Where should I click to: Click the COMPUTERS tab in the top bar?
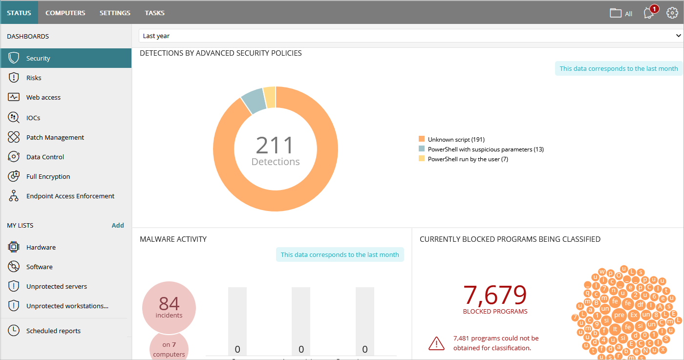(65, 13)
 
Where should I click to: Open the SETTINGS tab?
(115, 13)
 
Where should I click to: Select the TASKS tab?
(154, 13)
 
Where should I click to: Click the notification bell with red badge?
(649, 13)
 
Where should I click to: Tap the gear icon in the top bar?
(672, 13)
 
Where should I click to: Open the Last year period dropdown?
(410, 36)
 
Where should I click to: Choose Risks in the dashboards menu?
(34, 78)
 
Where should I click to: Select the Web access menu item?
(43, 97)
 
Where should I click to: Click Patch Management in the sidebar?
(55, 137)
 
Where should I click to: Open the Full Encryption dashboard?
(48, 176)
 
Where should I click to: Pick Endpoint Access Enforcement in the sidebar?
(70, 196)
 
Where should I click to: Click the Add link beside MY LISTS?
(118, 225)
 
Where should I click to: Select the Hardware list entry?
(41, 247)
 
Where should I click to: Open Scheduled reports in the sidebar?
(53, 331)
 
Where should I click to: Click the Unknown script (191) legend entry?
(456, 140)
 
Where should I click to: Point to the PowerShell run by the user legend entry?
(468, 159)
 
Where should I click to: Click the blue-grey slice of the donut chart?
(253, 100)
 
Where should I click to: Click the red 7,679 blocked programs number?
(495, 295)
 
